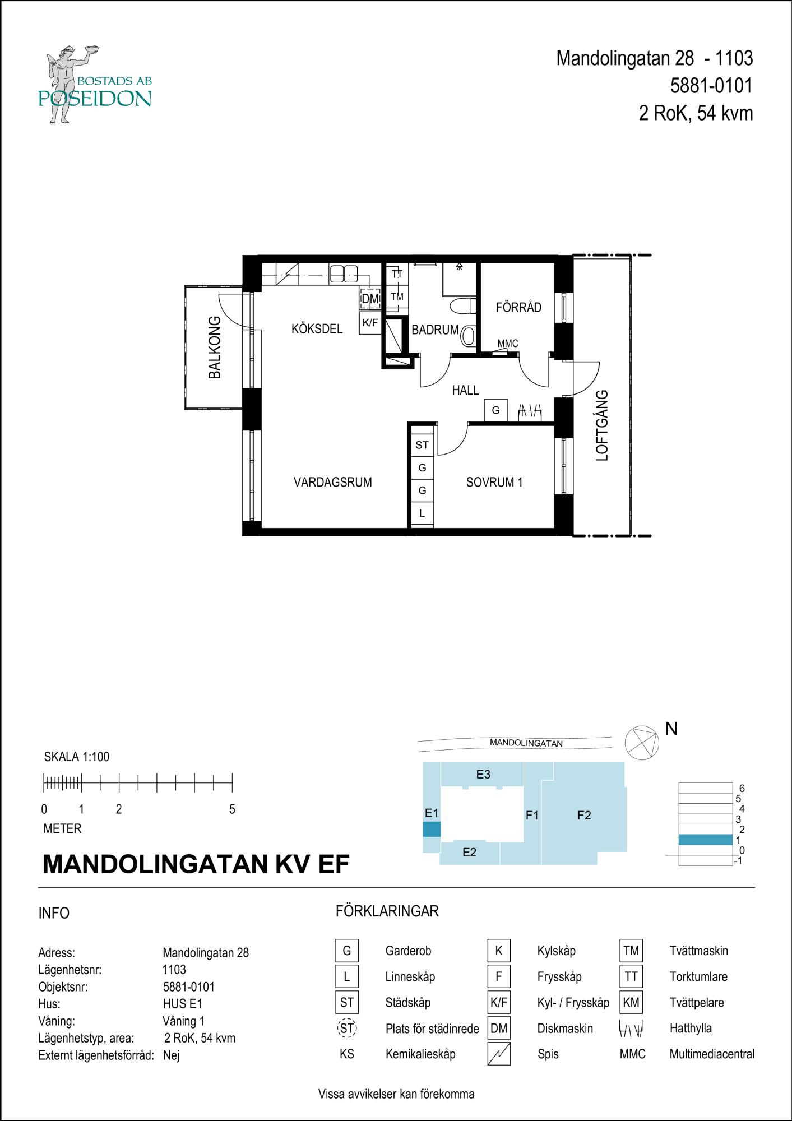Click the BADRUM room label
tap(435, 330)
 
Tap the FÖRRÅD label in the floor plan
tap(518, 307)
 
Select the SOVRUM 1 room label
tap(494, 482)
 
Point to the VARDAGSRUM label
tap(333, 482)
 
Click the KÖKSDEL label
tap(317, 329)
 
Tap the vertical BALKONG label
tap(215, 348)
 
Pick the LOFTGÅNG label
tap(602, 425)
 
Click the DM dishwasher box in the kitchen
tap(370, 299)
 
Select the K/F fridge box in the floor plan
tap(370, 323)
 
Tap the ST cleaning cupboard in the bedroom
tap(422, 445)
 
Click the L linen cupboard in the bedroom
tap(422, 513)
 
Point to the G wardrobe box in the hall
tap(496, 410)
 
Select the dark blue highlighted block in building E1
tap(432, 830)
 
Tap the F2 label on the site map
tap(584, 816)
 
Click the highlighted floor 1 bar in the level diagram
tap(706, 840)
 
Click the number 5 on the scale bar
tap(232, 810)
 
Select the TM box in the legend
tap(631, 951)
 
